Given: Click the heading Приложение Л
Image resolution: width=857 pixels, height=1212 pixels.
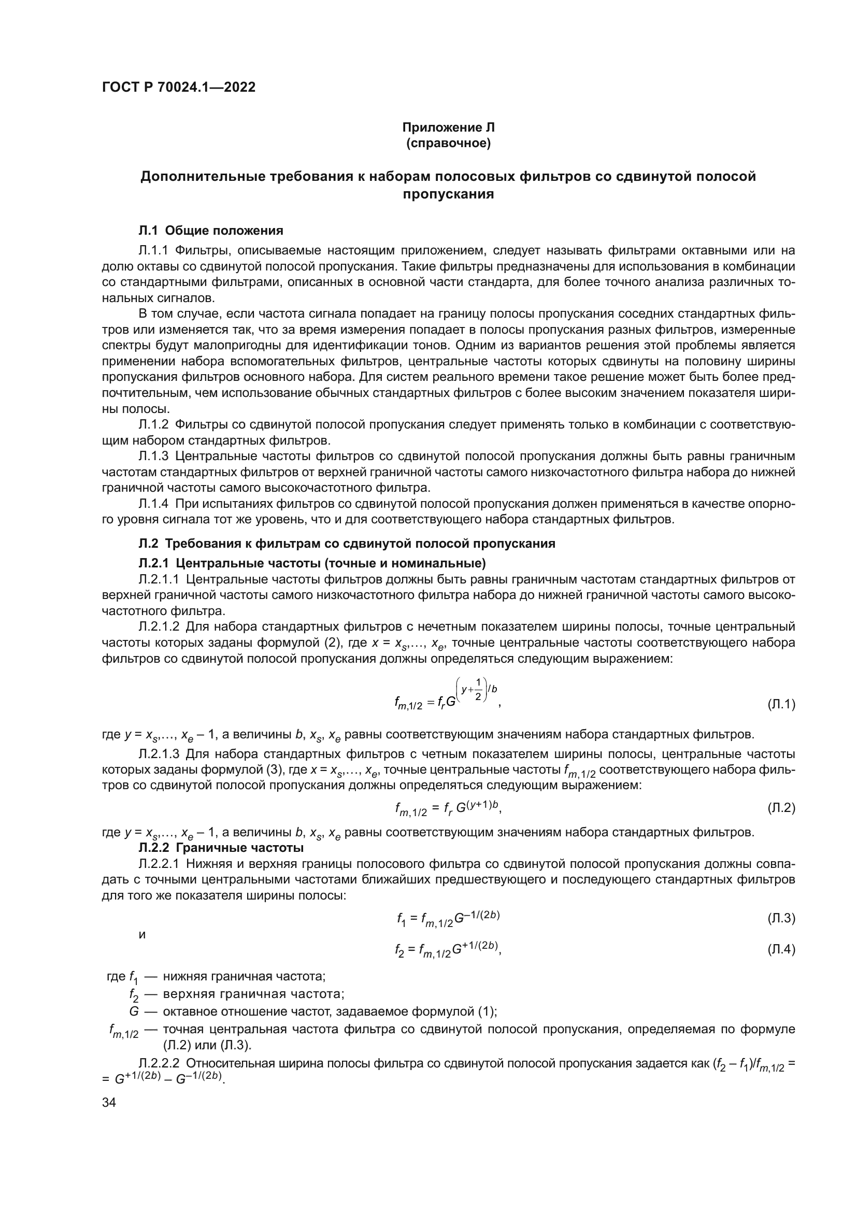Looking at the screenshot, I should tap(448, 127).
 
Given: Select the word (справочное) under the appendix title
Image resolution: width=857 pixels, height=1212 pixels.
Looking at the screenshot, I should tap(448, 143).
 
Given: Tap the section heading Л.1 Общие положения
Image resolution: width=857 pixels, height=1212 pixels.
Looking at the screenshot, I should tap(210, 231).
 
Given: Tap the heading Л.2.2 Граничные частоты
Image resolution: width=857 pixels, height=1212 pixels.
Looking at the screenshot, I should tap(221, 848).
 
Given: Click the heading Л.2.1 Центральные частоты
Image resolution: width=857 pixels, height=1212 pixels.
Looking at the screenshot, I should tap(312, 562).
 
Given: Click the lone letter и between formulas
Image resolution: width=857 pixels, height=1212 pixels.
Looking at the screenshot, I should tap(141, 934).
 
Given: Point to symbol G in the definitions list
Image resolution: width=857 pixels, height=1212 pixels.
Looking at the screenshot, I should tap(134, 1011).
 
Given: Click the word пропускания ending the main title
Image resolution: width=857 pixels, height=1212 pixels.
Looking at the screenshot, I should tap(448, 195).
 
